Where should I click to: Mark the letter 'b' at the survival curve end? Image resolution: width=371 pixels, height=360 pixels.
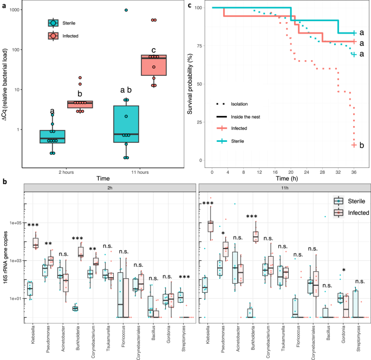click(x=361, y=145)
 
